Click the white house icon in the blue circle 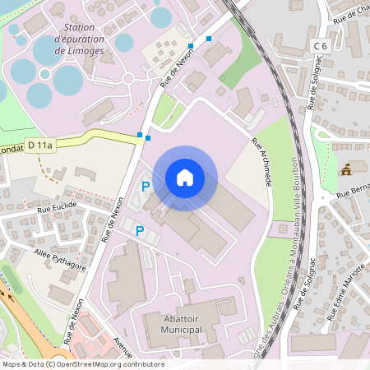[185, 178]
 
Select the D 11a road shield [39, 146]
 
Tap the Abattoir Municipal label [173, 324]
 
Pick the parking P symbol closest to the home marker [146, 187]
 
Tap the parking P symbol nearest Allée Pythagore [140, 232]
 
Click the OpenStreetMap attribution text [82, 364]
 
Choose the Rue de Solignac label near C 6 [313, 86]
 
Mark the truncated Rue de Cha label [349, 14]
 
